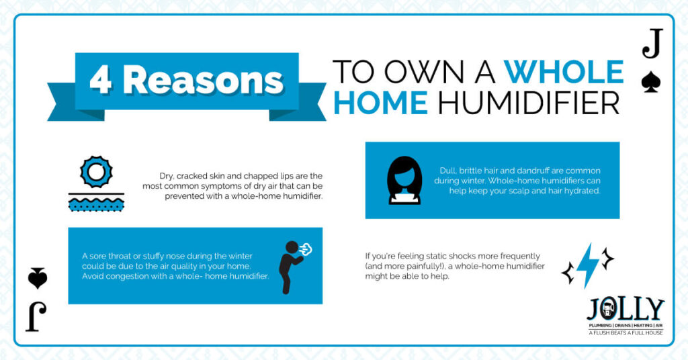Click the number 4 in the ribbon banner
(x=101, y=80)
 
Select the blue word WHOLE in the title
(x=564, y=72)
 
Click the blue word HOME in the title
(x=380, y=103)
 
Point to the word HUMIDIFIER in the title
(x=529, y=103)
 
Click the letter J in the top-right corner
(x=652, y=44)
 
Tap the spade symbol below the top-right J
(x=651, y=83)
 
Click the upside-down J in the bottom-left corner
(x=36, y=317)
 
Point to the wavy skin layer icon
(x=96, y=203)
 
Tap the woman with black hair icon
(x=404, y=180)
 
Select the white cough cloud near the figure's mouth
(x=306, y=249)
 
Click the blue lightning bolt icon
(x=587, y=266)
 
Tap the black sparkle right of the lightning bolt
(x=607, y=259)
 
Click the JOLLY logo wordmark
(x=626, y=310)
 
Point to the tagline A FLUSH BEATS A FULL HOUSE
(x=626, y=333)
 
